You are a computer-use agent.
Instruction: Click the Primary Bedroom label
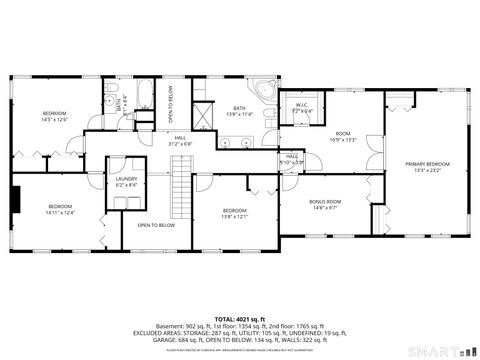pyautogui.click(x=427, y=163)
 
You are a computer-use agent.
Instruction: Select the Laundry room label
pyautogui.click(x=126, y=178)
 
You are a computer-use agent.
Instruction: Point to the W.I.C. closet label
pyautogui.click(x=301, y=105)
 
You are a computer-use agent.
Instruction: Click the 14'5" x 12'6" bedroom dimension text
pyautogui.click(x=54, y=119)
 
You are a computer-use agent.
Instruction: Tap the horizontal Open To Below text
pyautogui.click(x=156, y=225)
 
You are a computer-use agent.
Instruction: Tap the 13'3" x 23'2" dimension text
pyautogui.click(x=427, y=169)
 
